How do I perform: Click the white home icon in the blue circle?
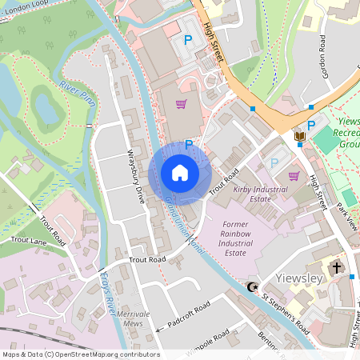pyautogui.click(x=180, y=173)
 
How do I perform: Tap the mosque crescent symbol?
pyautogui.click(x=254, y=286)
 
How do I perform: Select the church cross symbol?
pyautogui.click(x=336, y=267)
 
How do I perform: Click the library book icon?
pyautogui.click(x=299, y=137)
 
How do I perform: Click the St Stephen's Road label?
pyautogui.click(x=285, y=314)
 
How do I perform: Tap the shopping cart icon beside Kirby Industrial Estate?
pyautogui.click(x=293, y=176)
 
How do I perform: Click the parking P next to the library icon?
pyautogui.click(x=311, y=126)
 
